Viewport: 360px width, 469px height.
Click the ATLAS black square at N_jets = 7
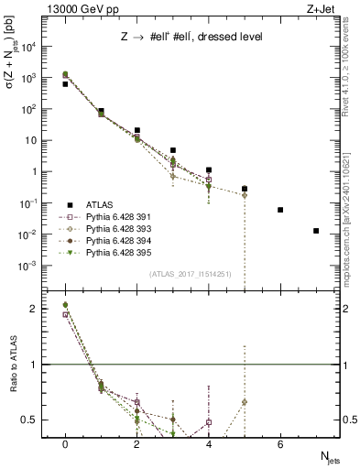(316, 231)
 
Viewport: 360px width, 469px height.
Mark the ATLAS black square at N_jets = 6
(280, 210)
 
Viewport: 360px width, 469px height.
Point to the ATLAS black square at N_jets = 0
(65, 83)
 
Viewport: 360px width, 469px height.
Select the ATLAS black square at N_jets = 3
(173, 150)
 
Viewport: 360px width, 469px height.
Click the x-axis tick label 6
(280, 444)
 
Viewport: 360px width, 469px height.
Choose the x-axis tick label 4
(209, 444)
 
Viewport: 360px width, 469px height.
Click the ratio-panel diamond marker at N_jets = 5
(245, 402)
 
